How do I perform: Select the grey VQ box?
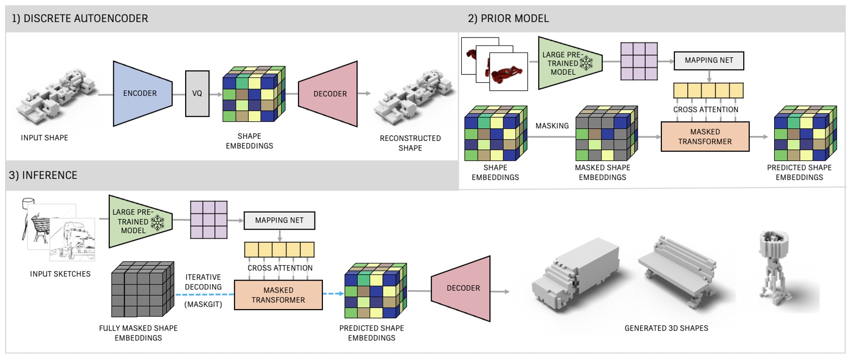point(197,93)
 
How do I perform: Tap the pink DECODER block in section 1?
point(329,94)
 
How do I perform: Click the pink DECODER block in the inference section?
point(462,288)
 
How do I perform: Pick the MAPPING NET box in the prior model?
point(709,60)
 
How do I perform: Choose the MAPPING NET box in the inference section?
point(279,220)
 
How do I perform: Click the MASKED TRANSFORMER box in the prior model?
point(705,136)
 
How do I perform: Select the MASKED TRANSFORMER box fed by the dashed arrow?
point(278,295)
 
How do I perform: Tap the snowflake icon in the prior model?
point(586,63)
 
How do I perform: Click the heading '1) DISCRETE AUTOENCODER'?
point(80,18)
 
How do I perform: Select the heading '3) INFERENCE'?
point(43,175)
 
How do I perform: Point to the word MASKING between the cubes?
point(552,126)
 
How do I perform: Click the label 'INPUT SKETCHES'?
point(60,274)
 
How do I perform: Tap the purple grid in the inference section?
point(209,220)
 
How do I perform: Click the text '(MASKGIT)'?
point(203,304)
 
